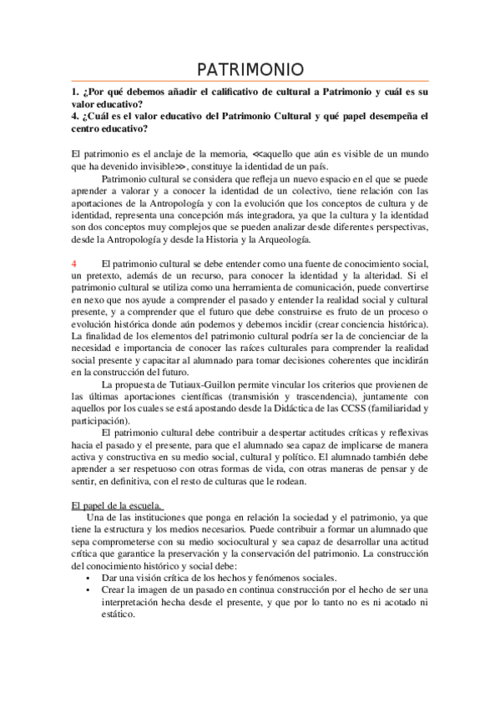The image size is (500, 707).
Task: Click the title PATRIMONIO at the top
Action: (x=250, y=69)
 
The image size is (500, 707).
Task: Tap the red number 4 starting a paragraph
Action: (x=74, y=263)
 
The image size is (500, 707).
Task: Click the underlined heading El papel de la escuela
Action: (x=115, y=505)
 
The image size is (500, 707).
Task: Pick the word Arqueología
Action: (x=275, y=239)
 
